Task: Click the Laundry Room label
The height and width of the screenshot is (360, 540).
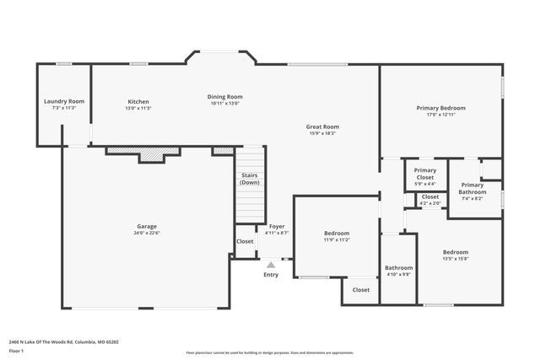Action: [x=64, y=101]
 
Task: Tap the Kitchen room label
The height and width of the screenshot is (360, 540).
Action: [x=138, y=101]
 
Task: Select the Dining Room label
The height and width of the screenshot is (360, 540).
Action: [x=224, y=96]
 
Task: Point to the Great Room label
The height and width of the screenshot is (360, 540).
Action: [x=322, y=126]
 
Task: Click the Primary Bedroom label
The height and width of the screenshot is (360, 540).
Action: [x=440, y=108]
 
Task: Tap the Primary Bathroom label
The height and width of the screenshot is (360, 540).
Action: [x=472, y=188]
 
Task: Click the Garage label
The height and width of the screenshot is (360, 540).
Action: [x=148, y=226]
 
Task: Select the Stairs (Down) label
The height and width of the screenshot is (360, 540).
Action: [x=249, y=179]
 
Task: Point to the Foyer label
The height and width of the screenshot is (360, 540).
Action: [x=277, y=226]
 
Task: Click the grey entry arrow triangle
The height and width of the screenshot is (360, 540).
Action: [x=271, y=264]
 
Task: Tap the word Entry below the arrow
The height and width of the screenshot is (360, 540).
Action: [x=271, y=274]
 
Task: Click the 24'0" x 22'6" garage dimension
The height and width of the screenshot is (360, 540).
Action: [x=148, y=233]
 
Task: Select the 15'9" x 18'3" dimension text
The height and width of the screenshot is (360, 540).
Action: [x=322, y=133]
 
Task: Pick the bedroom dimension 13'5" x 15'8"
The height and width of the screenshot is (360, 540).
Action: [x=456, y=258]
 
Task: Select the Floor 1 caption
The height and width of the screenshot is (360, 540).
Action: [x=16, y=350]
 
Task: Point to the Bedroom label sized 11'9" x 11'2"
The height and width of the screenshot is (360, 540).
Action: [x=337, y=233]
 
